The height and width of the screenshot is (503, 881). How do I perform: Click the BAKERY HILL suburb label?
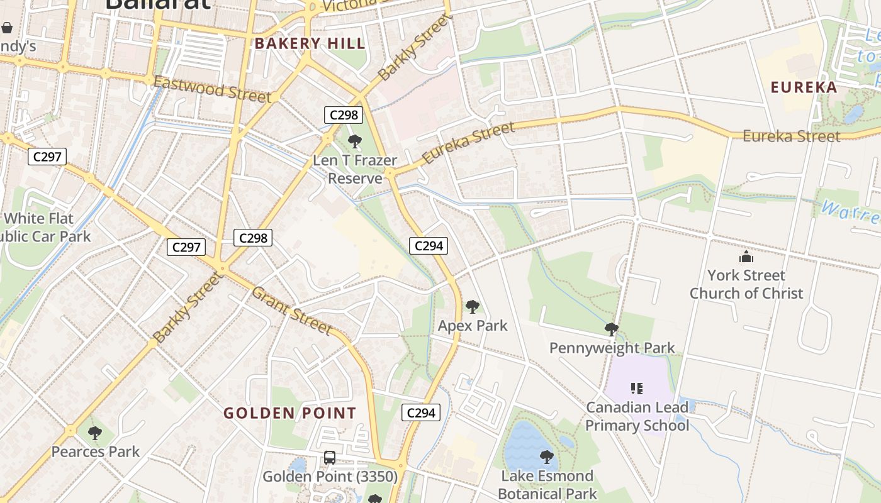tap(309, 43)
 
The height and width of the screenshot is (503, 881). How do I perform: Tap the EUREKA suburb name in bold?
tap(804, 87)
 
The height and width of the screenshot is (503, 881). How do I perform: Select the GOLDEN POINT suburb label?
tap(290, 413)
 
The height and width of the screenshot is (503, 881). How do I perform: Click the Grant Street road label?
tap(291, 311)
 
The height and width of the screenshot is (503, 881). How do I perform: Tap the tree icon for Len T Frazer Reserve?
tap(355, 141)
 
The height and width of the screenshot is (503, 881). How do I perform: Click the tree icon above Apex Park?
tap(472, 307)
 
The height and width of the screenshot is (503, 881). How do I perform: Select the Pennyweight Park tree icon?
tap(611, 329)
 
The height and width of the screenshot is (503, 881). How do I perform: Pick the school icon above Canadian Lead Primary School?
tap(637, 389)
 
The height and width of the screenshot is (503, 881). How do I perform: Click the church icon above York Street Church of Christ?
tap(746, 257)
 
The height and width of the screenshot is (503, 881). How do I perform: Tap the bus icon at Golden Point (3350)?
tap(330, 458)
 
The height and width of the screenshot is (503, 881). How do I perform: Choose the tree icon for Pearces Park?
tap(95, 433)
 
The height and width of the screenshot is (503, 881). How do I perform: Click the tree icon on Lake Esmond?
tap(547, 456)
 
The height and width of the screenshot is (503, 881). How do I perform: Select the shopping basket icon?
tap(7, 28)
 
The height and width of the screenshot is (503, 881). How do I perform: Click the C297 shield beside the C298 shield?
tap(186, 247)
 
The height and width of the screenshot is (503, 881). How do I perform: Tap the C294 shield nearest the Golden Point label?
tap(420, 412)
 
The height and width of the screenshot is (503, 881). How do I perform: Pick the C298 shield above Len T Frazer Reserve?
tap(344, 115)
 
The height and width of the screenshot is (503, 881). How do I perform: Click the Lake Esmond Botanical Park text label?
tap(546, 485)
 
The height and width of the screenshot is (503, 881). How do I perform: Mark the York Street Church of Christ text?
tap(746, 284)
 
